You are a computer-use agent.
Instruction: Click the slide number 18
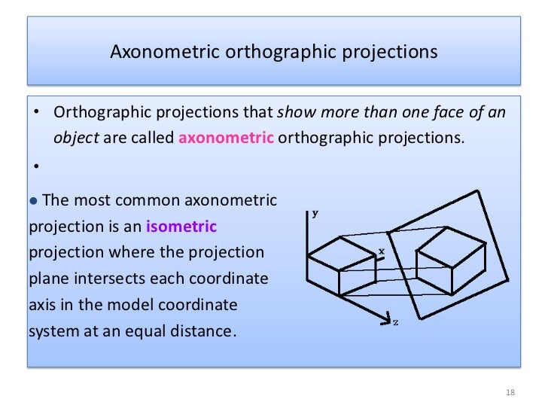510,393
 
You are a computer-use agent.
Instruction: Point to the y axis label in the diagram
315,213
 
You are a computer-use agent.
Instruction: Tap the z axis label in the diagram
396,322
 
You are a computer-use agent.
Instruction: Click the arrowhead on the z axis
386,316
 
